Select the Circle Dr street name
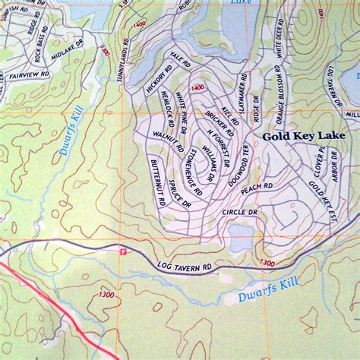[x=241, y=213]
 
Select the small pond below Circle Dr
[x=242, y=236]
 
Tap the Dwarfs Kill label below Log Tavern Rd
[x=257, y=295]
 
